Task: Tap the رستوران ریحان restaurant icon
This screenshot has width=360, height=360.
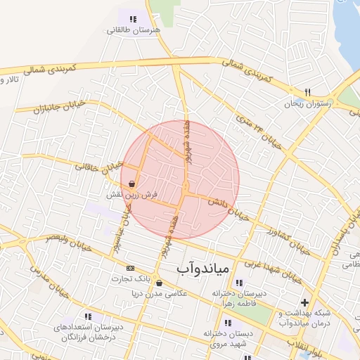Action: (307, 92)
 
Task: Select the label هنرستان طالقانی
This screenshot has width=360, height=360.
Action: (134, 31)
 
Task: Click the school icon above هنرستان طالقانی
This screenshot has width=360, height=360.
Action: (134, 19)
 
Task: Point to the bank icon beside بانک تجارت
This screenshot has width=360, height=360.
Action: (130, 268)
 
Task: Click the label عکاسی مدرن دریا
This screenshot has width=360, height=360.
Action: (162, 294)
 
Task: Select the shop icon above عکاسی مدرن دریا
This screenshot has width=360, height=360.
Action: (159, 283)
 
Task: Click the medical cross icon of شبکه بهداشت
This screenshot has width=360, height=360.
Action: (304, 302)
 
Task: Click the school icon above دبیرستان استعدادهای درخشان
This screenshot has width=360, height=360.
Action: (87, 317)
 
